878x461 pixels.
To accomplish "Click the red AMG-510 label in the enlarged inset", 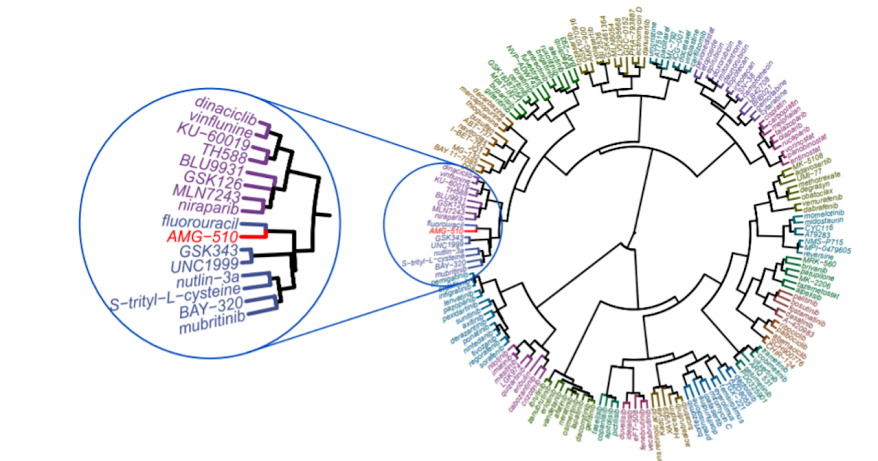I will click(200, 237).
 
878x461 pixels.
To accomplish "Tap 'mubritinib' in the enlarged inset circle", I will click(212, 326).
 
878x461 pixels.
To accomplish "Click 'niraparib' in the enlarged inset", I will click(207, 206).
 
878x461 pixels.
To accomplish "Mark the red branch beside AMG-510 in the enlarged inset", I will click(253, 236).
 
